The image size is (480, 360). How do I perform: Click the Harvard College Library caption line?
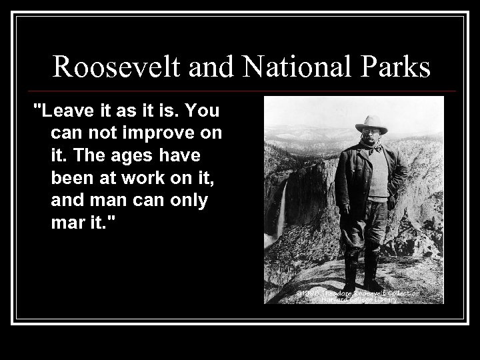click(x=361, y=299)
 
